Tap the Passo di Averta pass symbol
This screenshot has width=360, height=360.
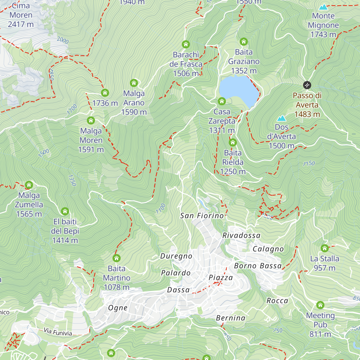point(307,85)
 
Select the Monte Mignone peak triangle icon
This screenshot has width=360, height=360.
point(323,7)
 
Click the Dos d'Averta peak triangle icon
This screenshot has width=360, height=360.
point(281,118)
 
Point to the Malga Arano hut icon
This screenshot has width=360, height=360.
point(134,83)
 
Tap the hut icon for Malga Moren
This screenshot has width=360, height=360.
point(91,121)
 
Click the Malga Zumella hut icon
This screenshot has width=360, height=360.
point(29,185)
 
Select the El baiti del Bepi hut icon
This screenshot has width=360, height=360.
point(65,211)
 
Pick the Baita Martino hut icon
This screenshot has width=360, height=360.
point(116,258)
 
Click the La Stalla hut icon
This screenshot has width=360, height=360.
point(324,248)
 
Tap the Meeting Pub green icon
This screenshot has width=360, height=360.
point(320,305)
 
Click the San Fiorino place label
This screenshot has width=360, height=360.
point(202,215)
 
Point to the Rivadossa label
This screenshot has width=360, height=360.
point(241,235)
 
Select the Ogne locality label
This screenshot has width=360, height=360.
point(118,308)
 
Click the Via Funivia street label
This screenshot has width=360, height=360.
point(58,332)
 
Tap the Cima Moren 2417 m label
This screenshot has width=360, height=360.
point(21,15)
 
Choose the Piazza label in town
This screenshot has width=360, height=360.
point(220,277)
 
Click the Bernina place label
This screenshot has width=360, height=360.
point(230,318)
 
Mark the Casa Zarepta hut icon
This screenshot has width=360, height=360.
point(222,101)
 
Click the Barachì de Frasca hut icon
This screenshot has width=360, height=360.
point(186,45)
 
